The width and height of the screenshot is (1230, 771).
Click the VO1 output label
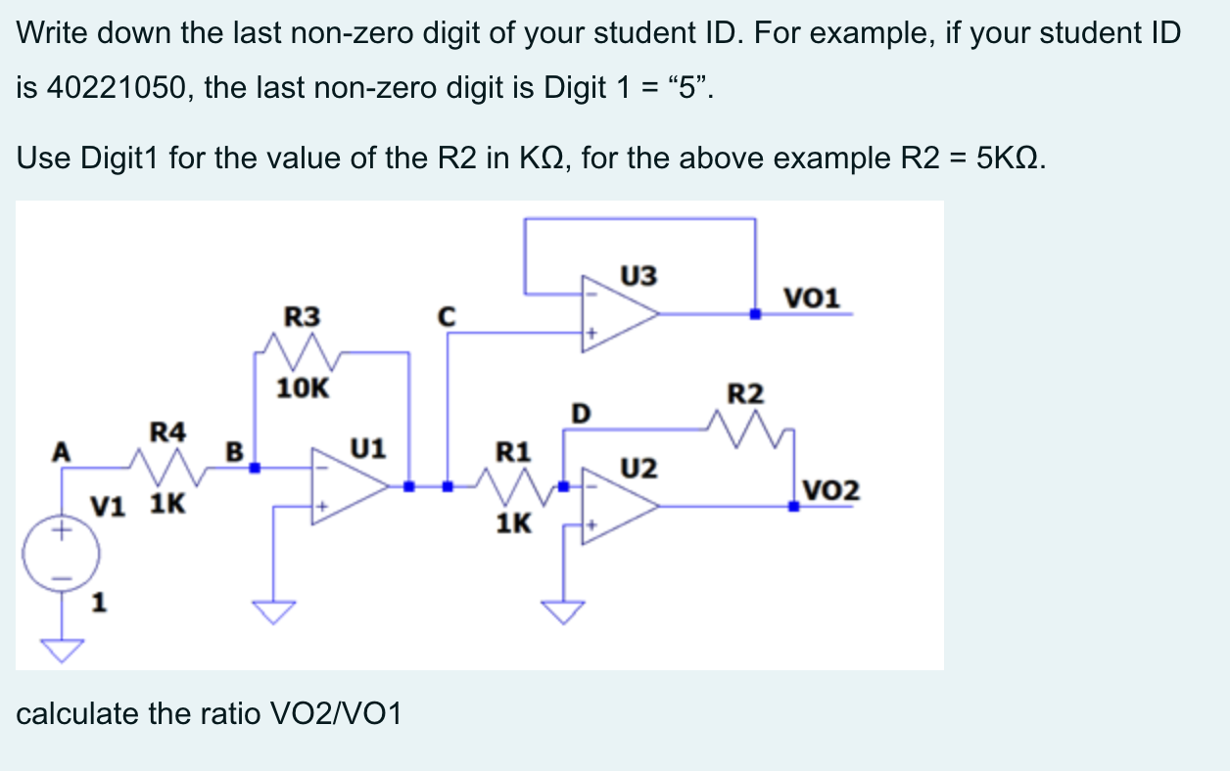click(x=812, y=297)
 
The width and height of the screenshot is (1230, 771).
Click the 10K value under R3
click(x=303, y=388)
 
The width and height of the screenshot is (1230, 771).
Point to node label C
click(x=447, y=316)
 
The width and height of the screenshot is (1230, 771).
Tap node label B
click(x=234, y=452)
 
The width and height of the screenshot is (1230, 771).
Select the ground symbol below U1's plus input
click(x=273, y=612)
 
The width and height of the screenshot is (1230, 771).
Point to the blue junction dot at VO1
click(x=755, y=314)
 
